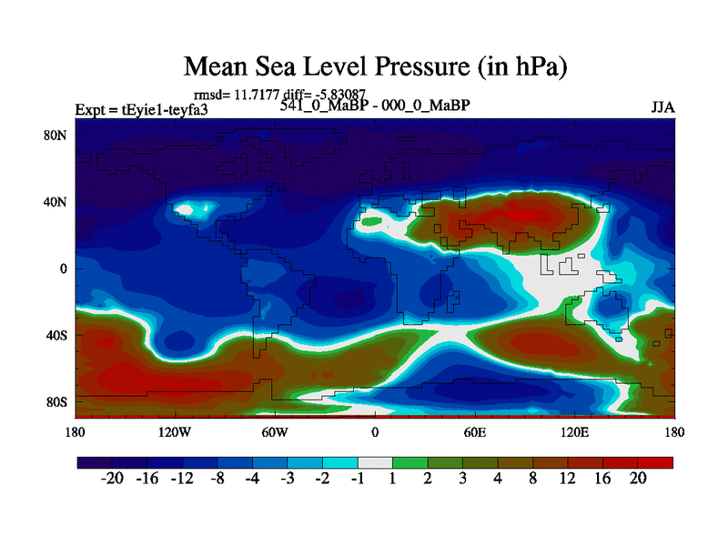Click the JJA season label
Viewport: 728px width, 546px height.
(662, 107)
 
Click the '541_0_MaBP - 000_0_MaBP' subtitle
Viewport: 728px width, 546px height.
(375, 106)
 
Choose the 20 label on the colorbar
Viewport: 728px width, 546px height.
(638, 480)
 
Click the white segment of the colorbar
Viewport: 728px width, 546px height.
(375, 462)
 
